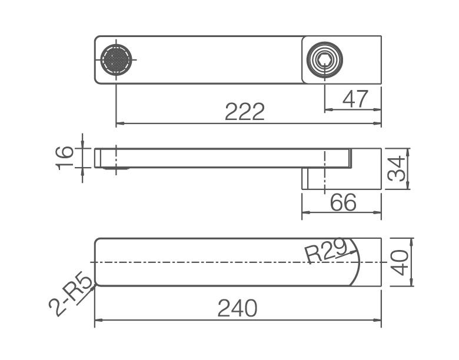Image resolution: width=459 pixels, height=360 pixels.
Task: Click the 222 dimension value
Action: coord(245,112)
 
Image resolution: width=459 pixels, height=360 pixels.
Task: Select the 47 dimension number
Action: coord(355,99)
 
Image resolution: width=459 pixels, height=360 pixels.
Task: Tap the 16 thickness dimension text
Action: coord(64,158)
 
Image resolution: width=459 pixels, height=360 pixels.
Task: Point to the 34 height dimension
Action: coord(396,169)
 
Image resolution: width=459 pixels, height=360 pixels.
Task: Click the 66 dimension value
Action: coord(344,202)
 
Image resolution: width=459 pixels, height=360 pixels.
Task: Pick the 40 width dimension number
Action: coord(400,262)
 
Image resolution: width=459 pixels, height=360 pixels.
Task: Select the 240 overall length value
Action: coord(237,308)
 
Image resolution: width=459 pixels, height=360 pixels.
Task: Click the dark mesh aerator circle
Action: coord(116,60)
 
